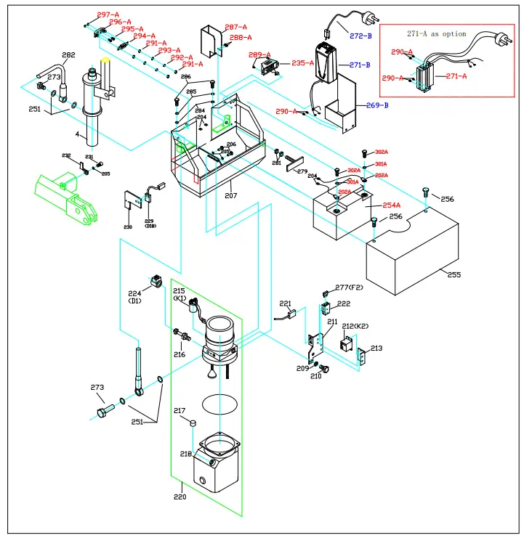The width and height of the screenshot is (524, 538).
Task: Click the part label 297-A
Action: tap(108, 15)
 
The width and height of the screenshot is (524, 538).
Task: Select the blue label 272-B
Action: tap(360, 35)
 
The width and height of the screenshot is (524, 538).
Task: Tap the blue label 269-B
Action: tap(376, 105)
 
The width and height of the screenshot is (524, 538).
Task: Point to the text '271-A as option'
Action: tap(435, 34)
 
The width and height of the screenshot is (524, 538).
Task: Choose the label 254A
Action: tap(391, 206)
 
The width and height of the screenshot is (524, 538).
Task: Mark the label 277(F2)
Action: tap(350, 288)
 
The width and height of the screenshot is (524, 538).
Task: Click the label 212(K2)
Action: tap(356, 326)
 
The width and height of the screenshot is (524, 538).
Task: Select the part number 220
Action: tap(180, 497)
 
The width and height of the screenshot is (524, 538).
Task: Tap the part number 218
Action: tap(187, 454)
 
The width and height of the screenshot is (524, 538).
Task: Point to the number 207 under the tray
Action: tap(230, 196)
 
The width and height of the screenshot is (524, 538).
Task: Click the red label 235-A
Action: tap(303, 63)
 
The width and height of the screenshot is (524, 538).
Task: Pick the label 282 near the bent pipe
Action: tap(68, 55)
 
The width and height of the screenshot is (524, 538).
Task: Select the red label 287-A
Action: tap(235, 27)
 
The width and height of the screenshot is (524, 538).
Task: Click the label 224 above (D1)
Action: tap(134, 293)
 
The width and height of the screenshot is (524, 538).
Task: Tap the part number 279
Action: tap(302, 171)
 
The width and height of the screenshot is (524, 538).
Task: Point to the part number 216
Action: tap(180, 354)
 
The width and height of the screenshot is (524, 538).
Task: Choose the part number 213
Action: tap(376, 349)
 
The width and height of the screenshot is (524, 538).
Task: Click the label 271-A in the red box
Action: tap(456, 76)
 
